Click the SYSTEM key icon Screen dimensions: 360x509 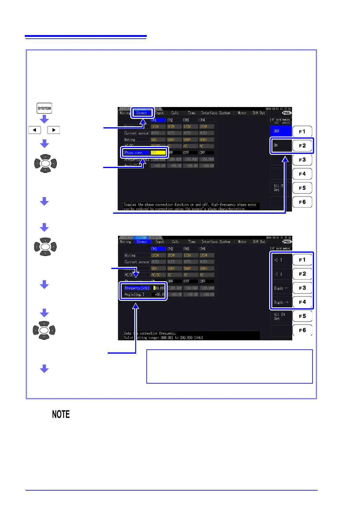[x=44, y=108]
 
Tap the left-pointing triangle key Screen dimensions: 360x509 [x=35, y=130]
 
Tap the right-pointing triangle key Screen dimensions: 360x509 [x=54, y=130]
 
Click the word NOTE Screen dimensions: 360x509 [x=61, y=414]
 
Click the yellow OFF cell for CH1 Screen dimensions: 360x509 [x=158, y=153]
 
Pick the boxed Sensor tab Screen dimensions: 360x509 [x=142, y=113]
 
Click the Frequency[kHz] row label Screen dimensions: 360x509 [x=137, y=288]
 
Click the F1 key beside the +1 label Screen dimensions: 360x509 [x=302, y=260]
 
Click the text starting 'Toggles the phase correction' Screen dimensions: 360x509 [x=190, y=205]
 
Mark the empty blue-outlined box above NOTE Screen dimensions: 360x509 [x=229, y=366]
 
